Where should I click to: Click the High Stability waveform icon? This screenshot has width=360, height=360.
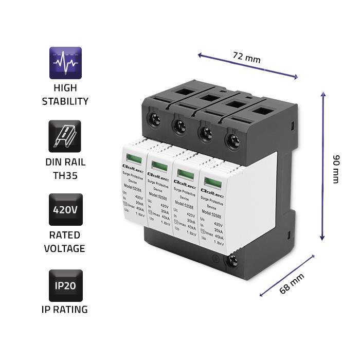click(65, 63)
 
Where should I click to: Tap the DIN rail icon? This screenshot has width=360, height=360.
click(65, 137)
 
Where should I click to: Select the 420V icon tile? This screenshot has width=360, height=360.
click(65, 209)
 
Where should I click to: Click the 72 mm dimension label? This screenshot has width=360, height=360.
click(246, 58)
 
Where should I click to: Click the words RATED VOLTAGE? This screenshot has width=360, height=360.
click(65, 242)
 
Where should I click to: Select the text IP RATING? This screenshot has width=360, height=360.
click(65, 310)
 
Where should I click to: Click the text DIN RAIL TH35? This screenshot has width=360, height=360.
click(65, 169)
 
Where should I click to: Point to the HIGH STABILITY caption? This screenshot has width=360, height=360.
click(65, 95)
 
